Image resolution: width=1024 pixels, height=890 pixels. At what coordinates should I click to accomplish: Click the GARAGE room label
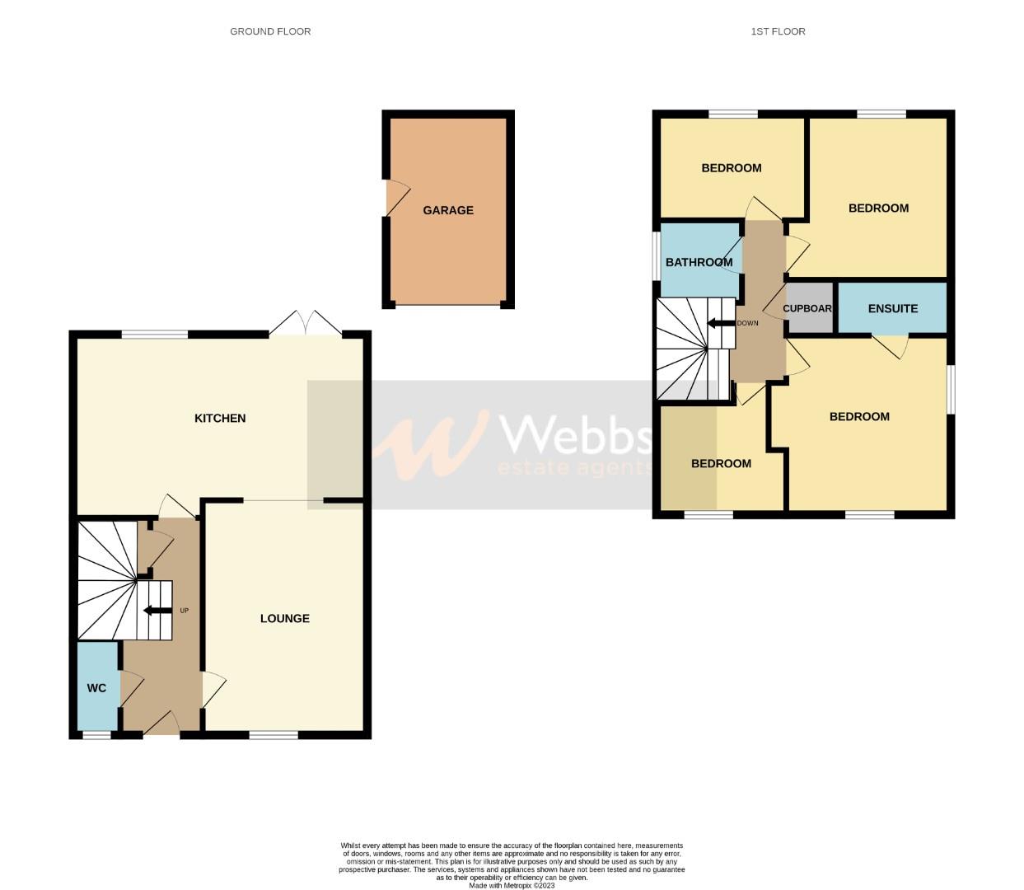tap(448, 210)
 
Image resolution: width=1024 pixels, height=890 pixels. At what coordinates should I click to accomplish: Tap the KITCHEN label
tap(220, 418)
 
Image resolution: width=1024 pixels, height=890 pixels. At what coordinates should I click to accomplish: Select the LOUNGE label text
tap(285, 618)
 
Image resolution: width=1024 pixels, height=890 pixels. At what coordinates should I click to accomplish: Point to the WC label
tap(96, 687)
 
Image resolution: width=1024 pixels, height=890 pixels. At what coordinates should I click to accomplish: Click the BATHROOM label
tap(699, 262)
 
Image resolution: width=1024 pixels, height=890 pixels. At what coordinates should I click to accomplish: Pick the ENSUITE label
tap(892, 308)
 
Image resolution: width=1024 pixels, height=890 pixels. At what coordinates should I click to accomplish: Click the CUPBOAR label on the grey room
tap(807, 308)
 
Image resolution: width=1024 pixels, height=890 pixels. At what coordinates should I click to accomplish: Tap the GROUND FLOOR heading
tap(270, 31)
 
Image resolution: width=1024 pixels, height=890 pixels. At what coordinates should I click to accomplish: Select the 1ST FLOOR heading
tap(778, 31)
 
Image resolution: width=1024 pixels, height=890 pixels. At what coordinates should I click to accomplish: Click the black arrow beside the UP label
tap(154, 611)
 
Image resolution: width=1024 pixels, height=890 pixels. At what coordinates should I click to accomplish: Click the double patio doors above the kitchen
tap(306, 325)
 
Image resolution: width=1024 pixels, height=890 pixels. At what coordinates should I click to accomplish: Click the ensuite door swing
tap(891, 344)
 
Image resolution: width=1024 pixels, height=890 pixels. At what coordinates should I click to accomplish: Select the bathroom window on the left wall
tap(657, 255)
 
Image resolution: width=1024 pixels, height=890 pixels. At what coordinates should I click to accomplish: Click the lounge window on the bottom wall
tap(274, 734)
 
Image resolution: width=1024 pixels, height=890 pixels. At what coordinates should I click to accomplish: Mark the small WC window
tap(96, 734)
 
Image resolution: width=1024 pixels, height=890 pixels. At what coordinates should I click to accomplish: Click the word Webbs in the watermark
tap(577, 434)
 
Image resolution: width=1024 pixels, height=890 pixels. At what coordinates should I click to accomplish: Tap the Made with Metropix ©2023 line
tap(512, 886)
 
